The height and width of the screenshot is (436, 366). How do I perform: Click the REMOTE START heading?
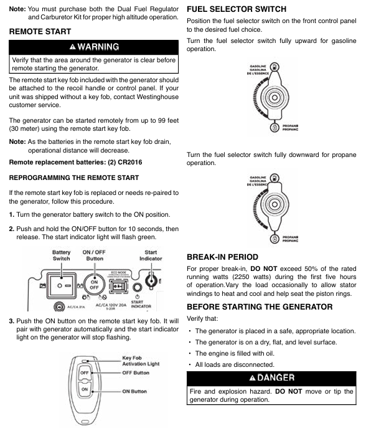click(40, 32)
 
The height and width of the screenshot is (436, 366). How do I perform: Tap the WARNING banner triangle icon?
click(73, 47)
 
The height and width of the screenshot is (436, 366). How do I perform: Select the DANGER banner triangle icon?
click(252, 378)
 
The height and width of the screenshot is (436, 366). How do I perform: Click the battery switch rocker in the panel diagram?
click(62, 285)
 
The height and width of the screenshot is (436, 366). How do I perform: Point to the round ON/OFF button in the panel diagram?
click(95, 285)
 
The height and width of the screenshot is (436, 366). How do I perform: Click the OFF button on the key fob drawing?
click(85, 373)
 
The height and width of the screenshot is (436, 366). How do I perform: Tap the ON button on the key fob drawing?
click(85, 389)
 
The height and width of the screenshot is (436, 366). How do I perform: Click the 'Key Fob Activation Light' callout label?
click(141, 361)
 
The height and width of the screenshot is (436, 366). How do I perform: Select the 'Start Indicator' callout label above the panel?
click(151, 255)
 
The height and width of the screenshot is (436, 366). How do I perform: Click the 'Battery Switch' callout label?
click(62, 255)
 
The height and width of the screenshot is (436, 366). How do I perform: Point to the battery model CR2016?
click(130, 163)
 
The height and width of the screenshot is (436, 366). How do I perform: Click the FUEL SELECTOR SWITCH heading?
click(237, 9)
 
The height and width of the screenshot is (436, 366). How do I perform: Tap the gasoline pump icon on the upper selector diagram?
click(274, 67)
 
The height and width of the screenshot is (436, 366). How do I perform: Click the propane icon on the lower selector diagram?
click(274, 239)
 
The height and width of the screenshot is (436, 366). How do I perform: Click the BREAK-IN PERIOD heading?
click(222, 257)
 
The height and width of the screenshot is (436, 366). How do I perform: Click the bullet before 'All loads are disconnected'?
click(190, 365)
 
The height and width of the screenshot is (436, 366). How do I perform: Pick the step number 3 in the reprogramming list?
click(11, 321)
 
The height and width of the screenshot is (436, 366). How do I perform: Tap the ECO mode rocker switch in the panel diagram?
click(119, 286)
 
